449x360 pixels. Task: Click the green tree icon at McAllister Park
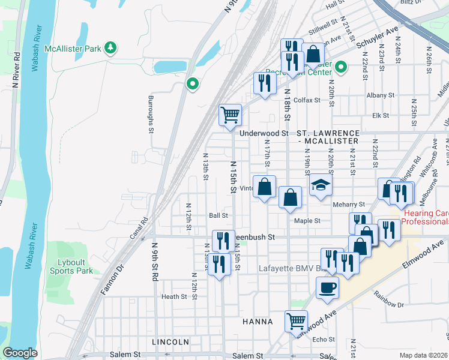pyautogui.click(x=110, y=47)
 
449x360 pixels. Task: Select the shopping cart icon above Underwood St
pyautogui.click(x=231, y=114)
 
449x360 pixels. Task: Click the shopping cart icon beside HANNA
pyautogui.click(x=296, y=321)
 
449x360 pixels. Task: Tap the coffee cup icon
pyautogui.click(x=327, y=287)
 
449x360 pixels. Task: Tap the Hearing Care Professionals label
pyautogui.click(x=426, y=217)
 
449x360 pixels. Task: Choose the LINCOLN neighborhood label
pyautogui.click(x=170, y=341)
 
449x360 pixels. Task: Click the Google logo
pyautogui.click(x=20, y=353)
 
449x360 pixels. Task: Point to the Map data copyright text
pyautogui.click(x=423, y=355)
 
